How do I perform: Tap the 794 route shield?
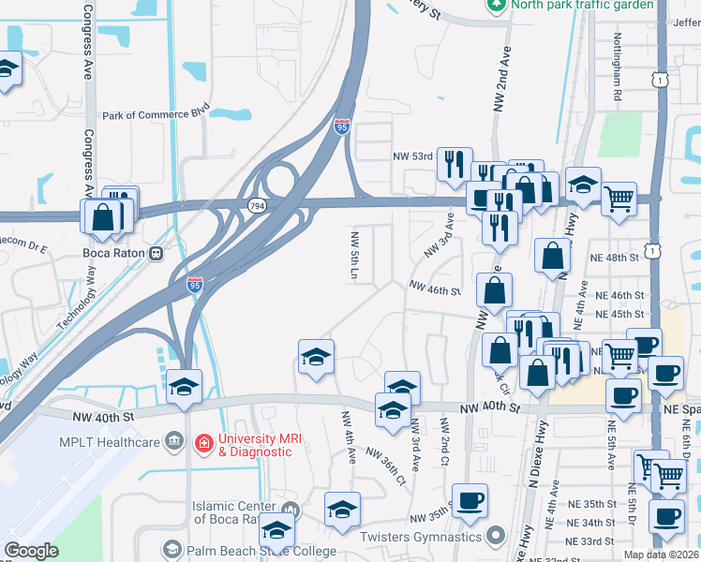255,204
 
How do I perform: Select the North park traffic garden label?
581,5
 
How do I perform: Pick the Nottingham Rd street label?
618,76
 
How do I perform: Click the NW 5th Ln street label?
355,255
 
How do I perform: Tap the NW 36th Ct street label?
393,466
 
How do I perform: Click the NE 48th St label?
614,257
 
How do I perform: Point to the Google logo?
32,551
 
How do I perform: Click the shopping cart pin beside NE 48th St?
619,199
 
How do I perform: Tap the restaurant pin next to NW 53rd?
455,163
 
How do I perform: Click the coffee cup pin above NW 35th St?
470,499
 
